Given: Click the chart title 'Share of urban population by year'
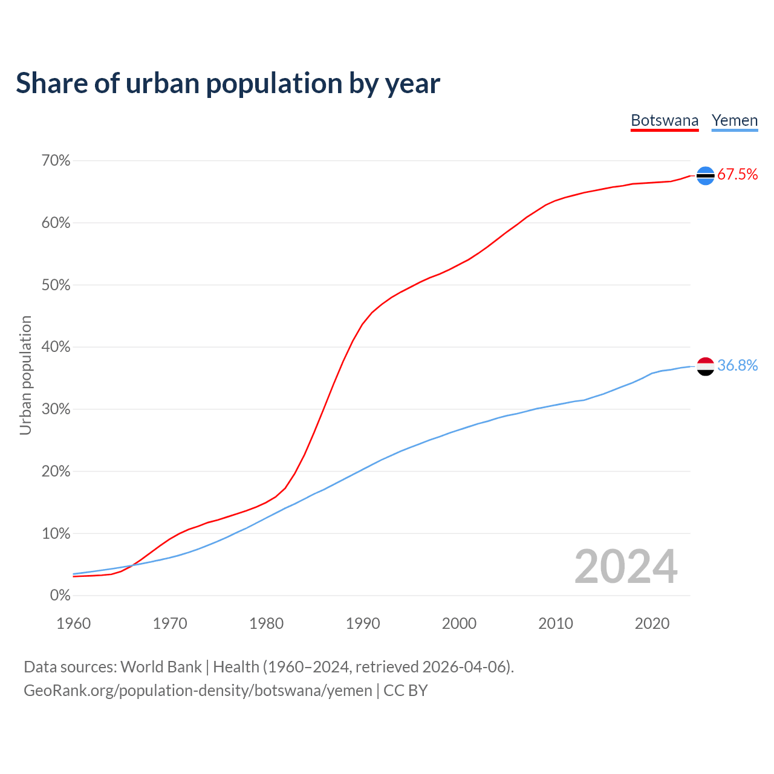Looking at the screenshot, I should pos(228,83).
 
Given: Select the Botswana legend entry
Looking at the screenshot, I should pos(665,120).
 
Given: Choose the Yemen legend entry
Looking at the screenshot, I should pos(735,120).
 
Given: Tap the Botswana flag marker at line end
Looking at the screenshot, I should pos(706,175).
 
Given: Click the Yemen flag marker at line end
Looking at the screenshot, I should pos(706,366).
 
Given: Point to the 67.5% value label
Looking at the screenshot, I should pos(738,175).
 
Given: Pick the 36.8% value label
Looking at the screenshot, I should pos(738,365).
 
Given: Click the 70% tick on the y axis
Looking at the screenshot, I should pos(56,161).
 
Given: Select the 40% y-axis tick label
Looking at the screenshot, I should pos(56,347).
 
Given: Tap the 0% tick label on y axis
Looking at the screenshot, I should pos(60,596).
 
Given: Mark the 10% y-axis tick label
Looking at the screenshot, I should pos(56,534).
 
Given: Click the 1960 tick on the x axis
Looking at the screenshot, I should pos(73,623).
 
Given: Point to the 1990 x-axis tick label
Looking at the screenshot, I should pos(363,623).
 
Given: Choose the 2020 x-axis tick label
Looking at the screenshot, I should pos(652,623).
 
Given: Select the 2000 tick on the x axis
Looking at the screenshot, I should pos(459,623).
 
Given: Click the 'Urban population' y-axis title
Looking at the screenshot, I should pos(25,375).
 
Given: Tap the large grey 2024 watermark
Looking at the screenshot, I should pos(626,567).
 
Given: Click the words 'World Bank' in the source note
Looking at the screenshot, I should pos(161,667).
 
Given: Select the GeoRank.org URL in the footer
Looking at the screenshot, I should pos(198,691).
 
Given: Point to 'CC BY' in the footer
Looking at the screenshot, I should pos(406,691).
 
